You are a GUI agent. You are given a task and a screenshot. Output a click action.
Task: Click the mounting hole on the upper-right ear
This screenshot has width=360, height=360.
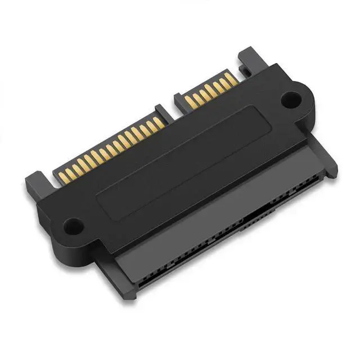(290, 101)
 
